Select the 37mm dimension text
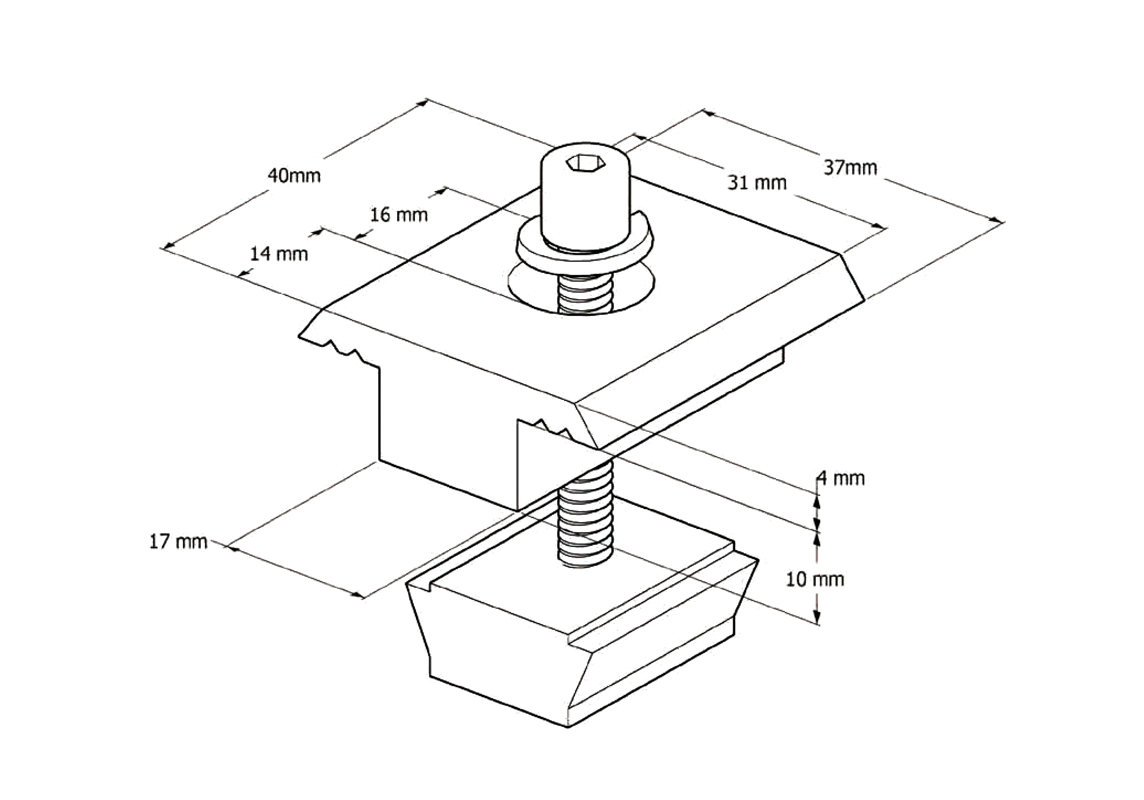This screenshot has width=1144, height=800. pyautogui.click(x=850, y=168)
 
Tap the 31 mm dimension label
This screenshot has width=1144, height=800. pyautogui.click(x=757, y=183)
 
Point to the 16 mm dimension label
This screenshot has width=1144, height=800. pyautogui.click(x=399, y=215)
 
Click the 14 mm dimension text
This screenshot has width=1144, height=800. pyautogui.click(x=279, y=254)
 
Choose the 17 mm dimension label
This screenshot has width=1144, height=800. pyautogui.click(x=178, y=542)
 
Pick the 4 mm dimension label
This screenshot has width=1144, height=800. pyautogui.click(x=841, y=479)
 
